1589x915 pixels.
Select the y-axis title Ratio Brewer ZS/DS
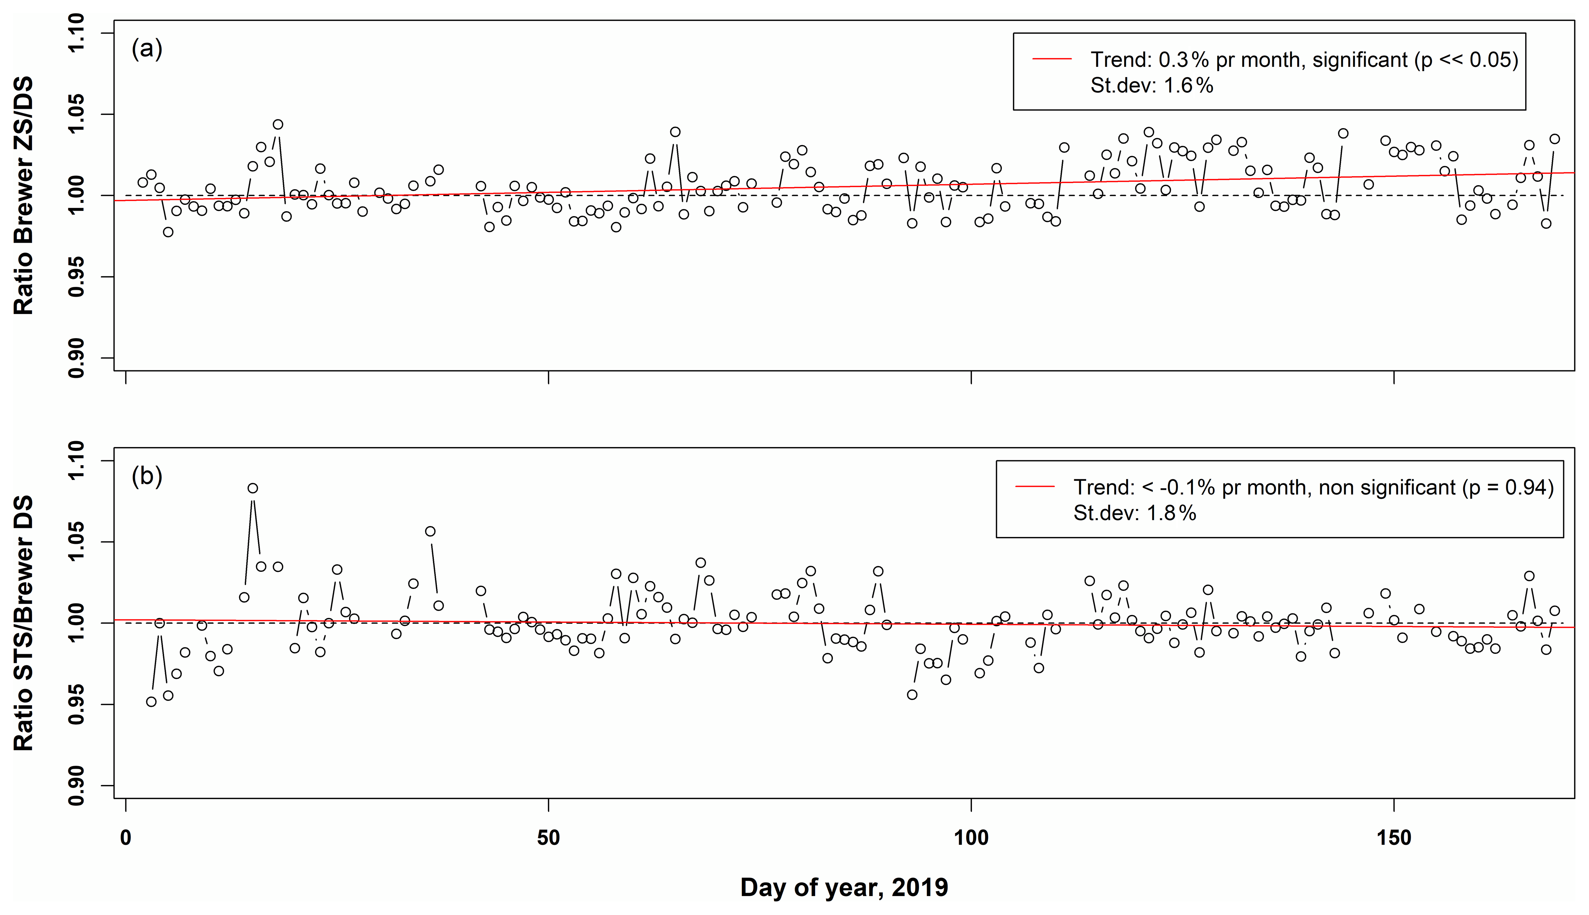click(24, 196)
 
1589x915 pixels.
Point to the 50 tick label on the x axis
click(549, 838)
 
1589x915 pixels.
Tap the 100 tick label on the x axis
click(972, 838)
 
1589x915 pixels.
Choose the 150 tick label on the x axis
click(1394, 838)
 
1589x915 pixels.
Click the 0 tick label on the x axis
click(126, 838)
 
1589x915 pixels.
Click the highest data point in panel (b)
click(252, 488)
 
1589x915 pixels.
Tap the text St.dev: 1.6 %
click(1151, 85)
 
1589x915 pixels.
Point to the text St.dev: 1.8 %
click(1134, 513)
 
